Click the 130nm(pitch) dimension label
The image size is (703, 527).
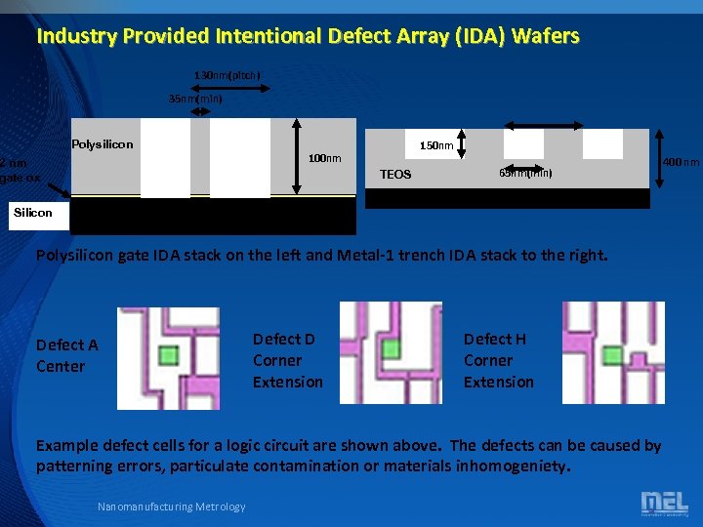click(x=227, y=75)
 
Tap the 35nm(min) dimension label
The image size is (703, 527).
click(x=195, y=99)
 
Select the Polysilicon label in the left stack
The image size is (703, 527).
click(x=103, y=144)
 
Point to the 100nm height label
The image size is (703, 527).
click(x=324, y=158)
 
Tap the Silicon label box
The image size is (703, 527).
click(x=33, y=212)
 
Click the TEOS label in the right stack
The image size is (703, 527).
click(x=395, y=175)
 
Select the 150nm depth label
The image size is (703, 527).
click(x=436, y=145)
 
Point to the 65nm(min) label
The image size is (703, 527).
click(x=525, y=173)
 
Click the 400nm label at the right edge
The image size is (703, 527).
click(x=682, y=161)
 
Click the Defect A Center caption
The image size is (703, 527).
click(x=66, y=355)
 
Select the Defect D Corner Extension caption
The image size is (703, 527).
click(x=287, y=360)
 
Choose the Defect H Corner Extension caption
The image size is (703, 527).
click(x=498, y=360)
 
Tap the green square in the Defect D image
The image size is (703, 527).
click(x=392, y=347)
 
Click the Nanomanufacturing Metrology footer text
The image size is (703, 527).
click(x=172, y=506)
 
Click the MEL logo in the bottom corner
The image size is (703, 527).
click(x=664, y=504)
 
